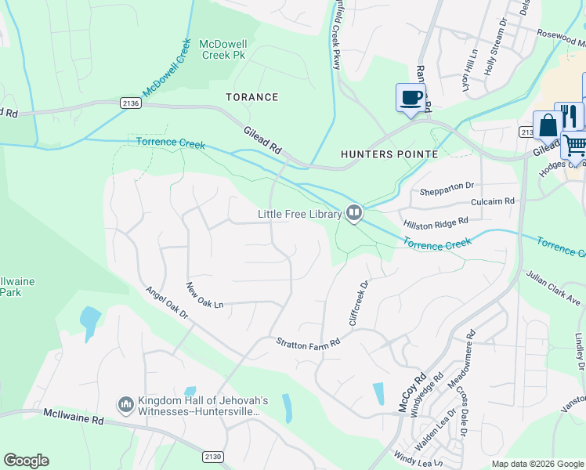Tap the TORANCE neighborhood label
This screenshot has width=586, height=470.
coord(251,97)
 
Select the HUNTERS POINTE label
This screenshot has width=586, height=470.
coord(389,154)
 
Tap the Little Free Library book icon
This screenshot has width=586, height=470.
coord(354,213)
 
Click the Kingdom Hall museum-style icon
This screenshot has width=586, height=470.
coord(125,405)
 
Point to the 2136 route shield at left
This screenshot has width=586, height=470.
coord(131,103)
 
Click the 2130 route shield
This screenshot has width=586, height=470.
coord(212,457)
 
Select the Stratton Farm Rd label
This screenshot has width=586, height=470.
coord(308,343)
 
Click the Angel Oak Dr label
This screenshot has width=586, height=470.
coord(167,302)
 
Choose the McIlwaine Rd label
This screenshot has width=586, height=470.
coord(74,416)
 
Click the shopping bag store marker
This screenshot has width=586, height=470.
coord(548,126)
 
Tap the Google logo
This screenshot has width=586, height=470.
coord(26,460)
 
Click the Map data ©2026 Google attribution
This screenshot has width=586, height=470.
coord(537,464)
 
